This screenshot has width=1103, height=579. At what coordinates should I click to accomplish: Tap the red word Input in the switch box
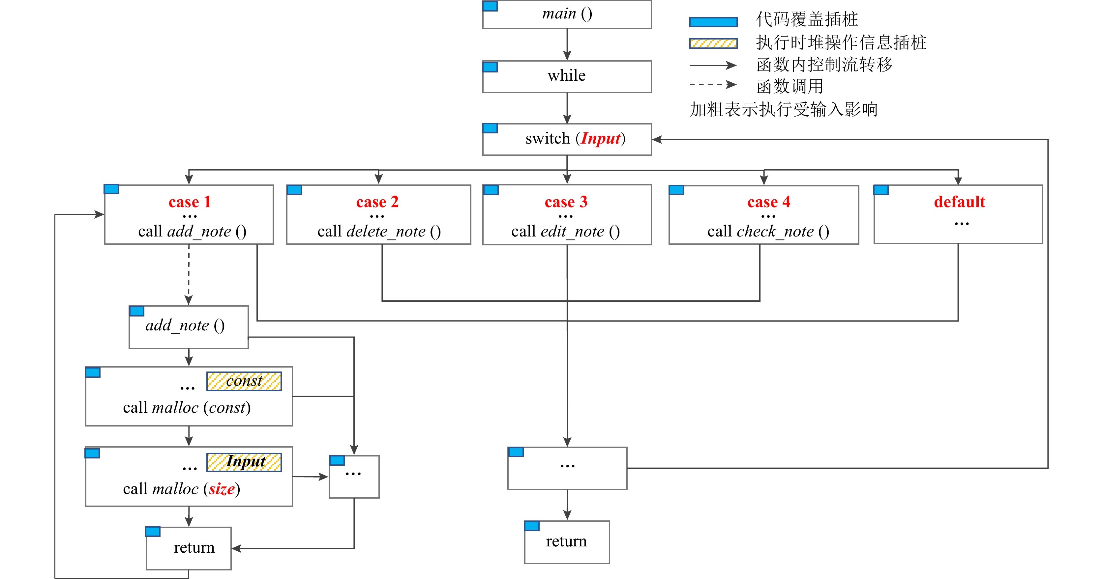(600, 139)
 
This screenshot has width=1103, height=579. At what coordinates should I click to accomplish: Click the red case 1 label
(190, 202)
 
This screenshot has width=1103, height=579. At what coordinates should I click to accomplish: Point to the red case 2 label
(377, 202)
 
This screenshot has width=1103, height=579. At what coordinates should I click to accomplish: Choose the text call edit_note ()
(565, 232)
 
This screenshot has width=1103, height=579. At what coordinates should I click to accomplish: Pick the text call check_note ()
(768, 232)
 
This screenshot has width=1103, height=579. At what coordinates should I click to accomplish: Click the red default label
(959, 202)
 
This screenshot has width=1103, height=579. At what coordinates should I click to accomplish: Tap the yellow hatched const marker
(244, 381)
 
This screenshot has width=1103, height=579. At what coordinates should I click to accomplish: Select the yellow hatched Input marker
(244, 462)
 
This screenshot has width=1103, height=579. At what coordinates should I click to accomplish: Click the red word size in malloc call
(222, 489)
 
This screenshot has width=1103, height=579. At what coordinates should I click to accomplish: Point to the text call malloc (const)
(187, 407)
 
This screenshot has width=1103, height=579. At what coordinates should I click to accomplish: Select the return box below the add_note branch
(189, 548)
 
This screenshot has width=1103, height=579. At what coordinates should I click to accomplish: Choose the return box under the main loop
(566, 542)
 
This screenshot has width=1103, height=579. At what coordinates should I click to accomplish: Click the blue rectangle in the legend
(713, 22)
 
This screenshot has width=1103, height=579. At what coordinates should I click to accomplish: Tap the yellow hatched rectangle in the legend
(713, 43)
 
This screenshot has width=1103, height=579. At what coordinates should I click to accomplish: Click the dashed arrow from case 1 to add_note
(189, 274)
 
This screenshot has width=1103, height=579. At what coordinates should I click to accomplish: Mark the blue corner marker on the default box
(881, 190)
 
